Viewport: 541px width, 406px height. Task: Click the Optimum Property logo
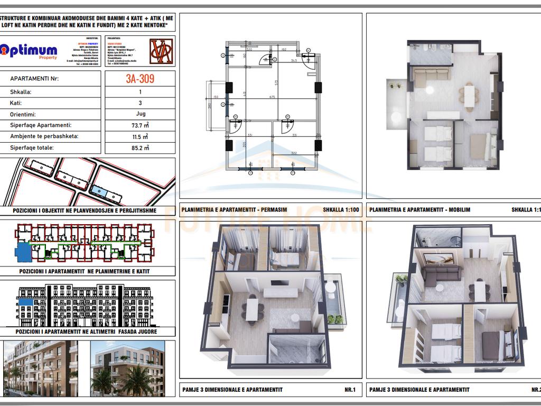coord(29,51)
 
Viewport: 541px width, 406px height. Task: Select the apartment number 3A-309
coord(140,79)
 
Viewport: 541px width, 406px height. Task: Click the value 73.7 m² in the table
coord(140,125)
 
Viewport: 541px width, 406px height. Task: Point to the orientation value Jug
coord(140,114)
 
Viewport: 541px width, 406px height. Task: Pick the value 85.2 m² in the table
coord(140,148)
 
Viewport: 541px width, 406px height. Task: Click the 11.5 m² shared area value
coord(140,136)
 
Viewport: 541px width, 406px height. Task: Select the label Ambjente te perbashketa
coord(44,136)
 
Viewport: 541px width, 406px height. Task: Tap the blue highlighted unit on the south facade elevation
coord(25,303)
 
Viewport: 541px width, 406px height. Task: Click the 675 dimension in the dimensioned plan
coord(272,97)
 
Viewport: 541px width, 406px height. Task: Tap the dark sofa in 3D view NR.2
coord(443,275)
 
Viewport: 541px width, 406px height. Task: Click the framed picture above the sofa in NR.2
coord(439,259)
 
